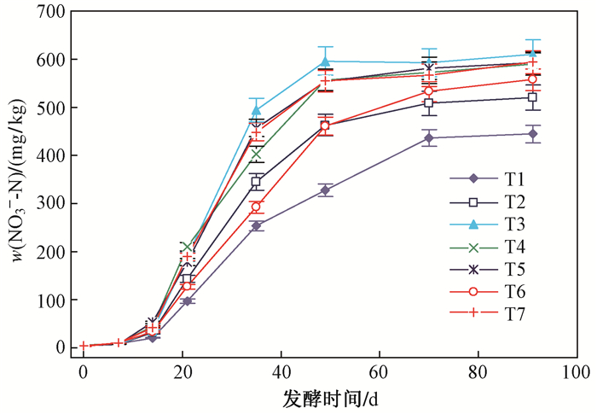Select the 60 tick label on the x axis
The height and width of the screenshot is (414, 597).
pyautogui.click(x=379, y=372)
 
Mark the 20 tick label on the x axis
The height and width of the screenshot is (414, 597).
pyautogui.click(x=182, y=372)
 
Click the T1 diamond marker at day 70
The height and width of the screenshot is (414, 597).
pyautogui.click(x=428, y=138)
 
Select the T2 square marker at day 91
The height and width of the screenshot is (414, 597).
pyautogui.click(x=532, y=97)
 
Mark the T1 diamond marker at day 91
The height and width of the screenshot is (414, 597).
pyautogui.click(x=532, y=134)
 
